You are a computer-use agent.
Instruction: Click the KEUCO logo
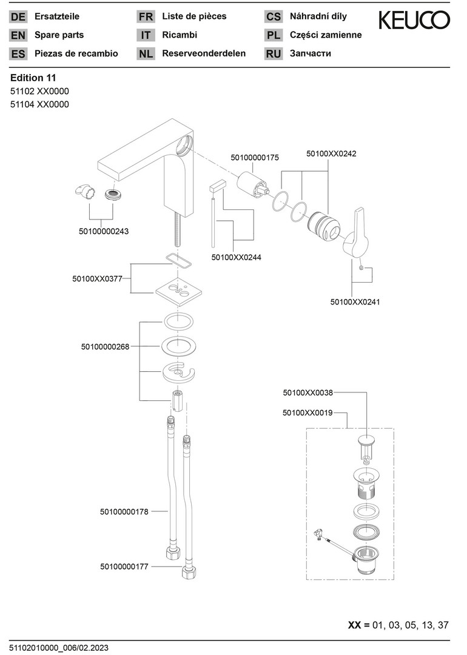click(x=414, y=21)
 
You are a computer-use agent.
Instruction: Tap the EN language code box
click(x=18, y=35)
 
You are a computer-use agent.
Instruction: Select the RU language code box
click(x=274, y=53)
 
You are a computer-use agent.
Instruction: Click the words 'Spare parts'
click(x=59, y=35)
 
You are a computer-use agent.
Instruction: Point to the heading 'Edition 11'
click(x=33, y=78)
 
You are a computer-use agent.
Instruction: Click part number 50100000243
click(x=104, y=231)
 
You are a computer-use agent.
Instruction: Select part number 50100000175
click(x=255, y=158)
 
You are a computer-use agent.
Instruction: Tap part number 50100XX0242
click(x=331, y=153)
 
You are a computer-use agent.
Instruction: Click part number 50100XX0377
click(x=97, y=279)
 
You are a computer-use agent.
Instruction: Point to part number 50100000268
click(x=105, y=347)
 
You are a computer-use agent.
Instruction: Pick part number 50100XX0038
click(x=307, y=393)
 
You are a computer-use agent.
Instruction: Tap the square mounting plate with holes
click(x=177, y=291)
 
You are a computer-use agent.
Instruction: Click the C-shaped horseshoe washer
click(x=178, y=372)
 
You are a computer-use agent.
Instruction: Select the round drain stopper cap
click(x=366, y=439)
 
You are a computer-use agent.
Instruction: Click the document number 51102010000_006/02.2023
click(x=59, y=648)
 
